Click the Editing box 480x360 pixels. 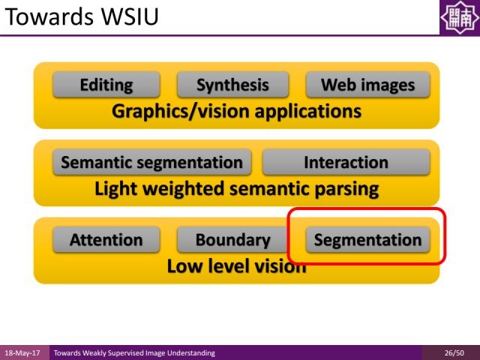point(106,85)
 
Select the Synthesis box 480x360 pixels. point(232,85)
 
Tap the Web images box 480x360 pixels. point(367,85)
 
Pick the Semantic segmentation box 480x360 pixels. point(151,162)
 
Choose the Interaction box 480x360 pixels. point(346,162)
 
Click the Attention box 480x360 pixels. point(106,240)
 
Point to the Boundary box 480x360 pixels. point(232,240)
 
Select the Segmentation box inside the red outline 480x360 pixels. point(367,240)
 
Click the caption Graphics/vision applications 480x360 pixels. point(236,112)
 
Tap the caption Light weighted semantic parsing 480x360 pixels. point(236,189)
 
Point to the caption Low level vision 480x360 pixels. point(236,266)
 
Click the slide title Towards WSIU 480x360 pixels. point(81,16)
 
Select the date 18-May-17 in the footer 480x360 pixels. point(23,352)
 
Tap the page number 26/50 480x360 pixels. point(454,352)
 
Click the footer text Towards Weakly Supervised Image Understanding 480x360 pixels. point(134,352)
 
